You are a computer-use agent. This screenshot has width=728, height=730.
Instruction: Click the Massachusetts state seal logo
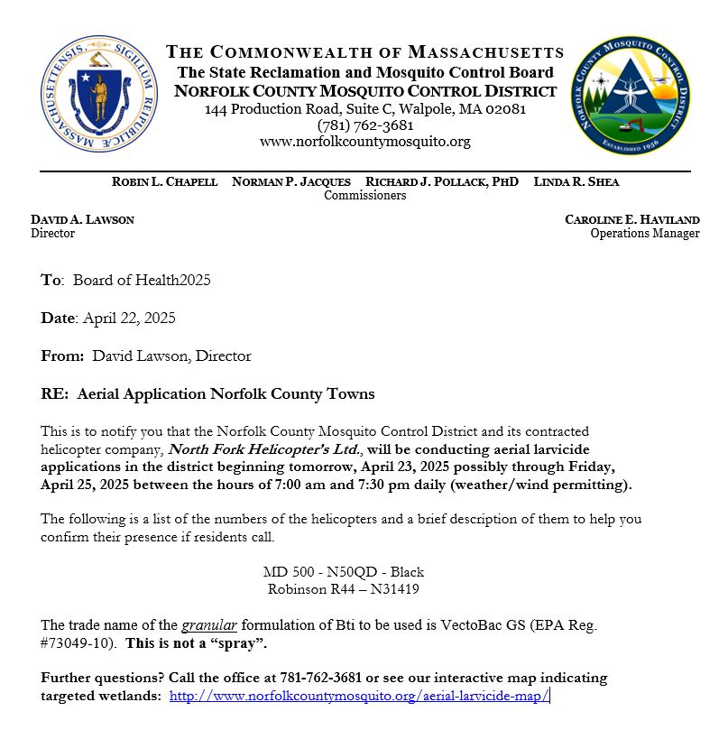99,94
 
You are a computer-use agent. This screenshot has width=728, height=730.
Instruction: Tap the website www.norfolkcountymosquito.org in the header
364,142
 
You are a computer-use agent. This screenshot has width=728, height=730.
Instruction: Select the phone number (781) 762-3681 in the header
364,125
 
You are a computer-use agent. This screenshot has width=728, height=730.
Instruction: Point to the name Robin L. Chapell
164,181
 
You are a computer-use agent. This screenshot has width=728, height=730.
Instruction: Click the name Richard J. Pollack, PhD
442,181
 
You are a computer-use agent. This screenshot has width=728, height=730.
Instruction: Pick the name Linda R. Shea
576,181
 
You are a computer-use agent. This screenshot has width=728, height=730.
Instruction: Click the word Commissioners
364,195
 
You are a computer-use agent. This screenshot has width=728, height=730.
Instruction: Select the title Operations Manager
644,233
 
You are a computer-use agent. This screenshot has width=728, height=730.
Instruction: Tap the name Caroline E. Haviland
631,219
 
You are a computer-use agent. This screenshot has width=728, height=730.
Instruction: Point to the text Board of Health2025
142,281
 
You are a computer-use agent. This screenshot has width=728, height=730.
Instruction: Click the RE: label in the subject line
54,393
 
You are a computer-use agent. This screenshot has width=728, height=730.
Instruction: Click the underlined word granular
208,624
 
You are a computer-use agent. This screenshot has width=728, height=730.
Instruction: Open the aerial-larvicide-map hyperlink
359,696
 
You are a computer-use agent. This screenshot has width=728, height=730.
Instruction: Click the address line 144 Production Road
364,109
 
